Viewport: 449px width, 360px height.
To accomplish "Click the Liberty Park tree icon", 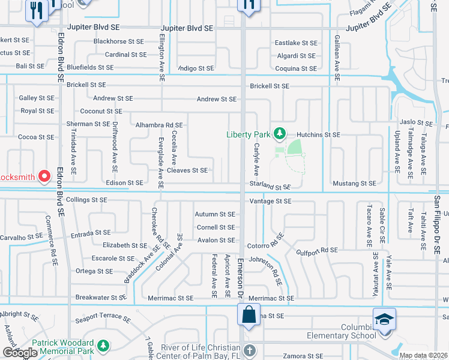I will (x=279, y=133).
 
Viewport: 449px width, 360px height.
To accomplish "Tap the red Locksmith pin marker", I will (x=44, y=176).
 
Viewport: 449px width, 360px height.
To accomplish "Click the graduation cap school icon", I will (x=384, y=319).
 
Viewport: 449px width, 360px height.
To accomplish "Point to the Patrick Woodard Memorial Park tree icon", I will (x=103, y=346).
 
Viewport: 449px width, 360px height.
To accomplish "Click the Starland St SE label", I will (x=270, y=187).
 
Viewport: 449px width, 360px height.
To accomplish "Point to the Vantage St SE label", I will (x=270, y=201).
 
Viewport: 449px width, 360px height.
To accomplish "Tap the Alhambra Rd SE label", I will (x=159, y=125).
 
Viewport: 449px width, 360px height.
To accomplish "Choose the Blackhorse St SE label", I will (x=119, y=42).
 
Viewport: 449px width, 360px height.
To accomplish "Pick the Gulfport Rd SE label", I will (x=317, y=250).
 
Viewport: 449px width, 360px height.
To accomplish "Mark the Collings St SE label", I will (x=86, y=199).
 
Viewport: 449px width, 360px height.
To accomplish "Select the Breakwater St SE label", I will (x=101, y=297).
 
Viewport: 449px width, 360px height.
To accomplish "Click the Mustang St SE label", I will (x=354, y=183).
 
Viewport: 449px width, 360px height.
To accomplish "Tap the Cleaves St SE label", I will (x=187, y=170).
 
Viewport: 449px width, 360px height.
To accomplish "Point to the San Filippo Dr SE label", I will (x=438, y=216).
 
